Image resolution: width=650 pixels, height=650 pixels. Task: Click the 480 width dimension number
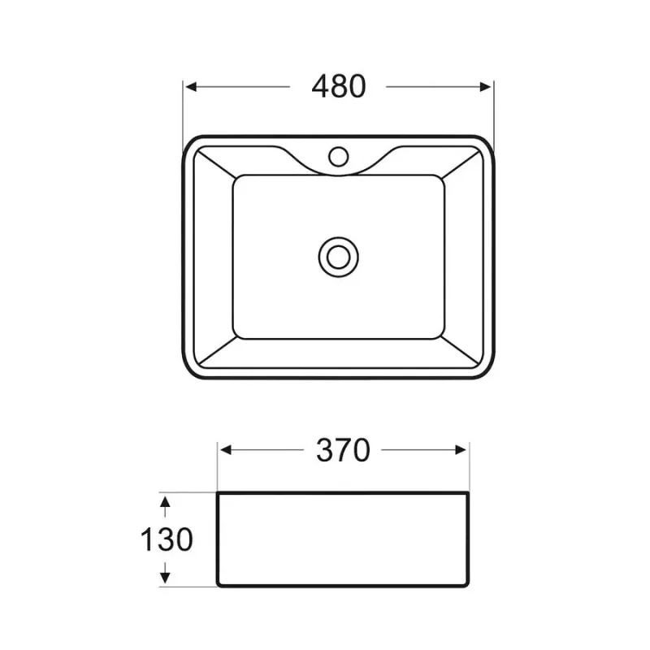(339, 87)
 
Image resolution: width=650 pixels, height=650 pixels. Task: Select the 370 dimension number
(343, 450)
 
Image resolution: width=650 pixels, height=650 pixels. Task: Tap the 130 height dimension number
(167, 539)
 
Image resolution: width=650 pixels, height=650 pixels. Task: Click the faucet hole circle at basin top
(338, 156)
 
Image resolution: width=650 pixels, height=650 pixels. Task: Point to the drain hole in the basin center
(338, 257)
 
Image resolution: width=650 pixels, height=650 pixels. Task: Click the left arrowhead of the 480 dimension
(191, 87)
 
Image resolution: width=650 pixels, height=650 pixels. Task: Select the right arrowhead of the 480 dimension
(485, 87)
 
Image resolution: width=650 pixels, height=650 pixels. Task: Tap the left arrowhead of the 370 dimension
(226, 450)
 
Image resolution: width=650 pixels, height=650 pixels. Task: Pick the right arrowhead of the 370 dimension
(461, 450)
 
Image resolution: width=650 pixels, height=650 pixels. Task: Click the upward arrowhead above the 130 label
(166, 502)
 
